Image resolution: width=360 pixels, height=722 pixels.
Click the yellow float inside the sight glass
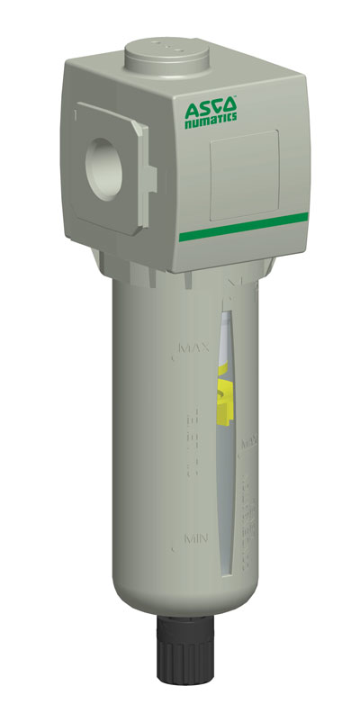[225, 397]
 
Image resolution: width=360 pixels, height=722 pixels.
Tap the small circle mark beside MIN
[175, 546]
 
